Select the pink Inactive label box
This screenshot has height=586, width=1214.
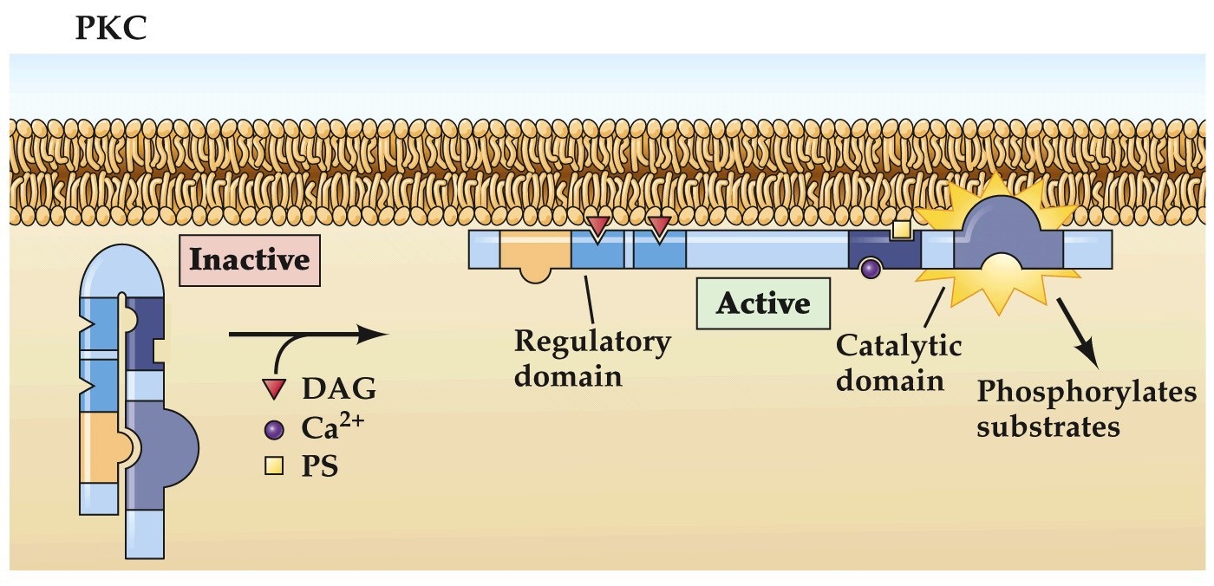point(249,259)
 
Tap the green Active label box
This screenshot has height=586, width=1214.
point(763,303)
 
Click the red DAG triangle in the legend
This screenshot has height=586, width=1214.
point(275,389)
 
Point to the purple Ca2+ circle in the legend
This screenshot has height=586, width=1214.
point(275,429)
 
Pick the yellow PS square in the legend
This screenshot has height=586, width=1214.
point(275,468)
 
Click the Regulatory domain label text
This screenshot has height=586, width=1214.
point(592,358)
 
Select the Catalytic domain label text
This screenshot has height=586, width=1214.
point(898,362)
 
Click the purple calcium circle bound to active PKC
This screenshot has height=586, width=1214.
point(870,270)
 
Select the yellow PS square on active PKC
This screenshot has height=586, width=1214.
point(902,229)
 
